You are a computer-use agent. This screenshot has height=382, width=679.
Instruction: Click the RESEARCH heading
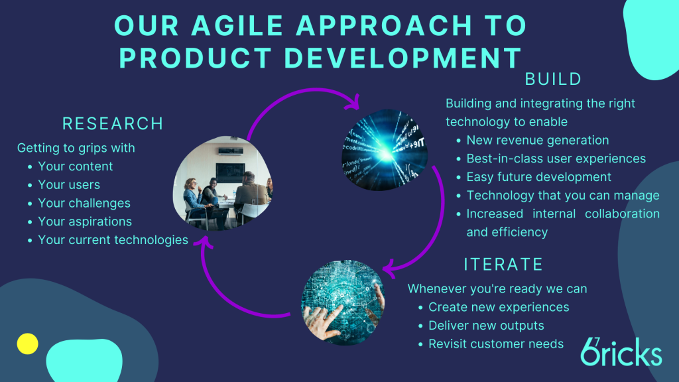[x=113, y=124]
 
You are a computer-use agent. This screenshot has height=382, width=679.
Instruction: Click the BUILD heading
[x=553, y=80]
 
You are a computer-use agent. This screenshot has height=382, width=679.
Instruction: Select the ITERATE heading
[x=503, y=265]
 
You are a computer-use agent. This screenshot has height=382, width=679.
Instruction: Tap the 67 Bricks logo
[x=621, y=351]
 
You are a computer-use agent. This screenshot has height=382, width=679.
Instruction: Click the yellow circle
[x=27, y=344]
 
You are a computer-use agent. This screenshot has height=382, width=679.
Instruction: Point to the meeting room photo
[x=223, y=183]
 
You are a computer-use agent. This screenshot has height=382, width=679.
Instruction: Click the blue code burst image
[x=385, y=150]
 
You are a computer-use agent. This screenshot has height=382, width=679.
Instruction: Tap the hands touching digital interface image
[x=343, y=302]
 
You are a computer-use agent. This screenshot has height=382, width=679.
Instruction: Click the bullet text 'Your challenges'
[x=84, y=203]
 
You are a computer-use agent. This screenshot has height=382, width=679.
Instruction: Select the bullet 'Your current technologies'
[x=113, y=240]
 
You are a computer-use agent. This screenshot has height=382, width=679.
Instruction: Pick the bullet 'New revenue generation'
[x=537, y=141]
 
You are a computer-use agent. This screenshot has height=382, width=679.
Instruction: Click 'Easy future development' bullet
[x=538, y=177]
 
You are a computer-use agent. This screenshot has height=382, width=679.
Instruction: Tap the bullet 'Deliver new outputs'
[x=486, y=326]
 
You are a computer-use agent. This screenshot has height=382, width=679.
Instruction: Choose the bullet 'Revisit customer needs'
[x=496, y=344]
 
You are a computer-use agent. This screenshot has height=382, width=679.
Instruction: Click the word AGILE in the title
[x=237, y=25]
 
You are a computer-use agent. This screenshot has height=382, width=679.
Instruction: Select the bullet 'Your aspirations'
[x=85, y=222]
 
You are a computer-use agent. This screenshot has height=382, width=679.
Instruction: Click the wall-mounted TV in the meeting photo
[x=230, y=172]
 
